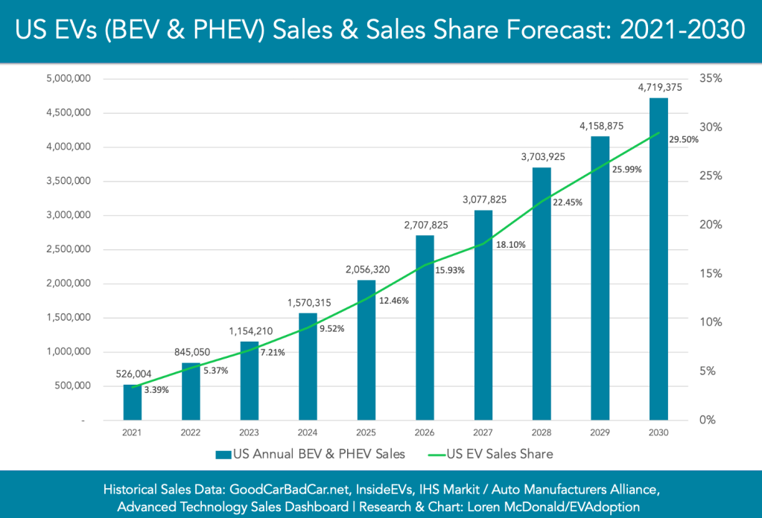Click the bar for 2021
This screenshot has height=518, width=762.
tap(132, 402)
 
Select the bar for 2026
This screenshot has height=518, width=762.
tap(425, 327)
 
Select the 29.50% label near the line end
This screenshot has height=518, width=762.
tap(683, 139)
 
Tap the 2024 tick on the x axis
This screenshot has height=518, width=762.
tap(308, 432)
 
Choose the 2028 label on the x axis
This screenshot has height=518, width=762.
tap(542, 432)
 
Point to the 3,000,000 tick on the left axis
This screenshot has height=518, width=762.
tap(69, 215)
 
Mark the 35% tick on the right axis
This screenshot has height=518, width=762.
tap(711, 78)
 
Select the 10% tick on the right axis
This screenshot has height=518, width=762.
tap(711, 322)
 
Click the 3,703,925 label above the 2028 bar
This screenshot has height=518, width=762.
tap(542, 157)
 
